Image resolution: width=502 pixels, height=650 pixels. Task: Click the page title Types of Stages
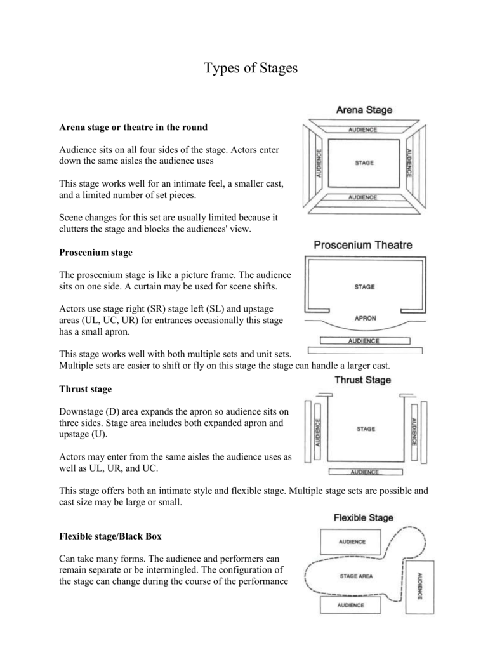pos(250,68)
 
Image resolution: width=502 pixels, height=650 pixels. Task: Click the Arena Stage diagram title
pos(364,110)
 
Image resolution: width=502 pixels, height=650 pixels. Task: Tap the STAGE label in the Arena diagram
pos(364,163)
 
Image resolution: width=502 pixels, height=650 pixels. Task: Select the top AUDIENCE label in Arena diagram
pos(362,129)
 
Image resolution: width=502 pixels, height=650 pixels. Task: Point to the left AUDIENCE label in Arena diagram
pos(318,163)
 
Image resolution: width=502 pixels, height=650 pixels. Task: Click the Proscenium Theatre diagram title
pos(364,245)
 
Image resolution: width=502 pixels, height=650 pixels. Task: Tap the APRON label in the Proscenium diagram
pos(364,318)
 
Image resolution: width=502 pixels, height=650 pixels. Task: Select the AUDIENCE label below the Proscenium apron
pos(364,340)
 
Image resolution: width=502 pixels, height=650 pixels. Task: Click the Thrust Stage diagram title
pos(362,380)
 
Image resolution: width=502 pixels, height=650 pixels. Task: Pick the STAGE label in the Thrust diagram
pos(366,429)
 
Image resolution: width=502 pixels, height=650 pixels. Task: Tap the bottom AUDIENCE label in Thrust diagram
pos(364,472)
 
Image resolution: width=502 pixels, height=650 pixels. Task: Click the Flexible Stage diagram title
pos(364,517)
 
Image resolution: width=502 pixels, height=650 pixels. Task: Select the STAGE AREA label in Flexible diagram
pos(357,576)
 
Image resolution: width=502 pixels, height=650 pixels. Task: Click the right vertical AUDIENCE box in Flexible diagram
pos(419,587)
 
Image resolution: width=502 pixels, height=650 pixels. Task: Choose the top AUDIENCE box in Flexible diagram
pos(352,542)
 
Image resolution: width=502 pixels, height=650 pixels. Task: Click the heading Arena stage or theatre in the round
pos(133,128)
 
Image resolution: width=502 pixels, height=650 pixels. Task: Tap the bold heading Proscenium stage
pos(96,253)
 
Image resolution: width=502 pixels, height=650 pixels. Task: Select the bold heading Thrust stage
pos(85,388)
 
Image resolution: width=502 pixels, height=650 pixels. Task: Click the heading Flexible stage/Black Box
pos(110,536)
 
